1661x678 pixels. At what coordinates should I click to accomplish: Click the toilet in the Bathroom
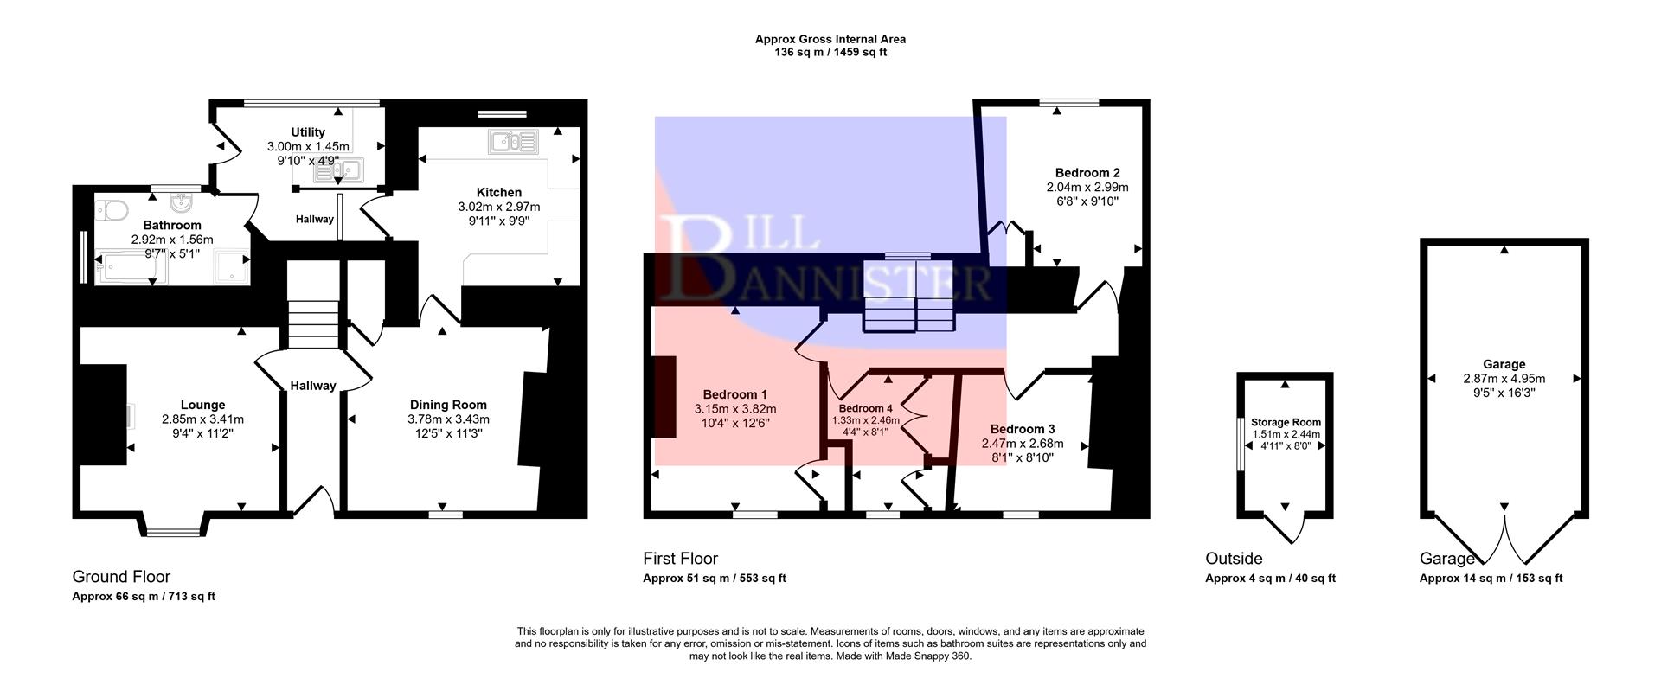pos(113,208)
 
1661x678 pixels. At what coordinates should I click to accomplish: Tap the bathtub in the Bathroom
pos(128,268)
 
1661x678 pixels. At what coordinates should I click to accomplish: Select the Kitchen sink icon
pos(513,141)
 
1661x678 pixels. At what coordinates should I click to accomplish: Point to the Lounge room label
pos(202,405)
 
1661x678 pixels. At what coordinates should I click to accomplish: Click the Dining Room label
pos(448,405)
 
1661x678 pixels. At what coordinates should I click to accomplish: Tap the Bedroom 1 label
pos(734,394)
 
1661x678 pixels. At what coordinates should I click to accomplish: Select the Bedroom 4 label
pos(865,408)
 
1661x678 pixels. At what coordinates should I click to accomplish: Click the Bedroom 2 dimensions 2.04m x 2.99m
pos(1087,187)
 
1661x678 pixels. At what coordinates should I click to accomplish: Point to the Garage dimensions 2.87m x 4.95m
pos(1504,379)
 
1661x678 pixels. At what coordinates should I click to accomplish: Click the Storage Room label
pos(1286,423)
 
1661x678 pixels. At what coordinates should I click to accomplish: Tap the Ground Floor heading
pos(121,577)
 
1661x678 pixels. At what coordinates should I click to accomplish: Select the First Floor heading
pos(680,559)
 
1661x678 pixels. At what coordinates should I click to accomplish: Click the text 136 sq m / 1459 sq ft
pos(830,52)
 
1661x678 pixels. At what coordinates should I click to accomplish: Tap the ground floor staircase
pos(312,311)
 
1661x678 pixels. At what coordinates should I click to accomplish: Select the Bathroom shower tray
pos(232,267)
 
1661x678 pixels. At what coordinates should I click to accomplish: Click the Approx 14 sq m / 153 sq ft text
pos(1491,579)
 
